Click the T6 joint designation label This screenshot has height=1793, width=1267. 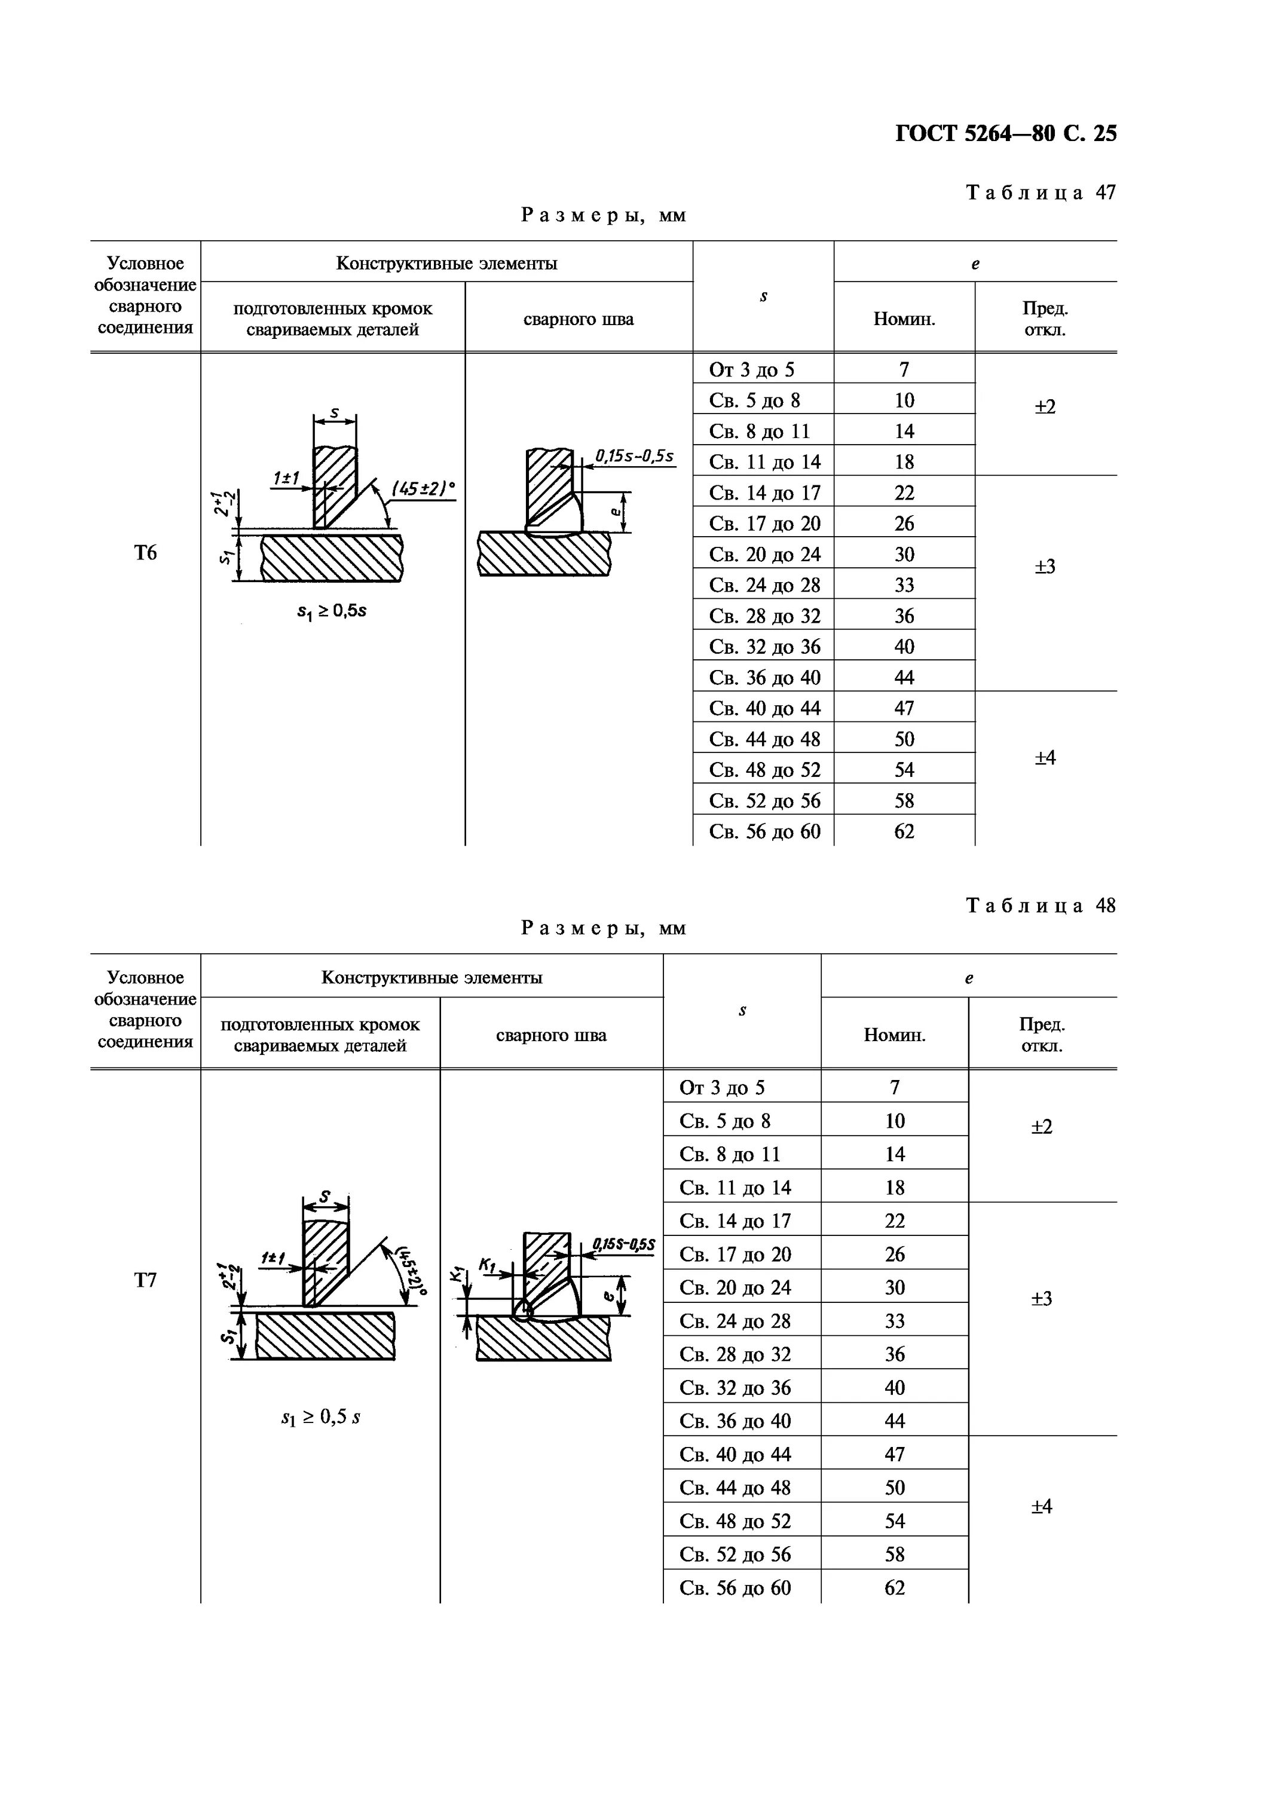pos(145,553)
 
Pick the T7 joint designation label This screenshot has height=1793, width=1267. pos(145,1280)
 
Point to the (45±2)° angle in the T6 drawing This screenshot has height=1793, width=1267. pos(423,489)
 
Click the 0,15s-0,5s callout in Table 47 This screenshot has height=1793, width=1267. pos(635,455)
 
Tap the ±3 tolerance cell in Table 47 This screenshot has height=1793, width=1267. pos(1045,566)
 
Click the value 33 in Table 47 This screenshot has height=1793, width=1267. pos(904,585)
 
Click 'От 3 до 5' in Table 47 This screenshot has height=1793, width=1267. pos(752,369)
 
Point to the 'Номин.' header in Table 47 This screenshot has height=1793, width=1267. pos(904,319)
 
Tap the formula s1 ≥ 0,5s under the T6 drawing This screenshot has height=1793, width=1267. pos(332,611)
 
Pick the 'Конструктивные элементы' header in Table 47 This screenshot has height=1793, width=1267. pos(446,263)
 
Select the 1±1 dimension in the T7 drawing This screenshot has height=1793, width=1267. pos(273,1257)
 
